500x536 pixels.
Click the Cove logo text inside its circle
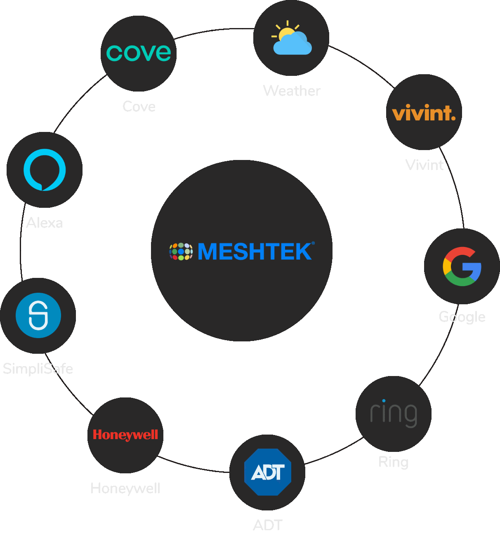[x=139, y=53]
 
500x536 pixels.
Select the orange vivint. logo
[x=424, y=113]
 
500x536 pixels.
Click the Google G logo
[x=462, y=266]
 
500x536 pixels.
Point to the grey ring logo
[x=394, y=413]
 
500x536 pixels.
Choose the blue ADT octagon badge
[x=268, y=472]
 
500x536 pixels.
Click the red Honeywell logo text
[x=125, y=435]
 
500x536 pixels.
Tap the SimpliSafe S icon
[x=38, y=315]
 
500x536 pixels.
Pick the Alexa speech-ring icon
[x=45, y=170]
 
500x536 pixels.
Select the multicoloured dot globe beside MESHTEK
[x=181, y=251]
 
